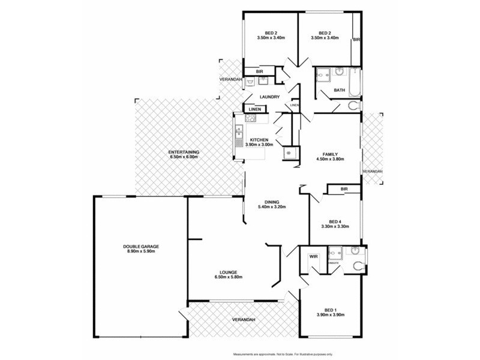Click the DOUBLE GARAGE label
pos(141,247)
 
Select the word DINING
pos(271,202)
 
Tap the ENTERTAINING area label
pos(184,152)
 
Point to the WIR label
pos(313,256)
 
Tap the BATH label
pos(339,91)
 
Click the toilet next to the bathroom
pos(353,107)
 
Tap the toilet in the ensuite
pos(359,266)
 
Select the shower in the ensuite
pos(334,253)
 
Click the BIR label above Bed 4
pos(344,190)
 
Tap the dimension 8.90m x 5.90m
pos(141,251)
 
